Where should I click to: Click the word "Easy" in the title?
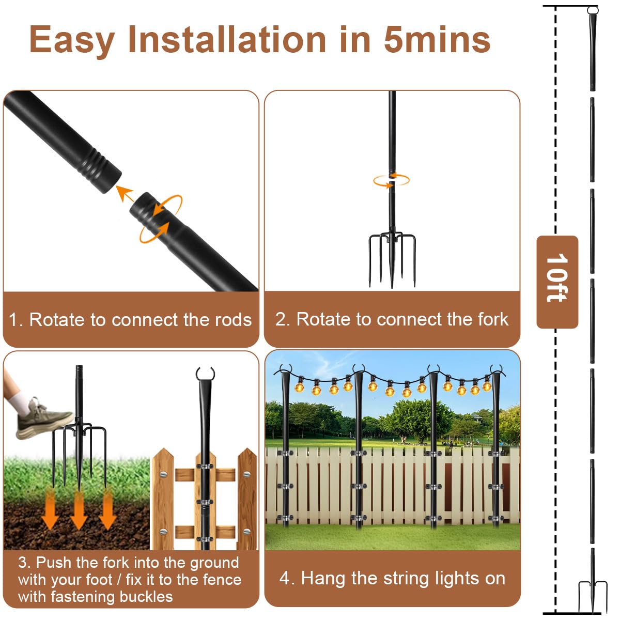coord(72,40)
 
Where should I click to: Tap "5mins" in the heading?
coord(437,40)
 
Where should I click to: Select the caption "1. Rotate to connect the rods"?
coord(130,319)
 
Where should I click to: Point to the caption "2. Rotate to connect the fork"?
coord(392,319)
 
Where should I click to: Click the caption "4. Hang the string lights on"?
coord(392,578)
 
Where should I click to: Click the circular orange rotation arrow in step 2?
coord(391,180)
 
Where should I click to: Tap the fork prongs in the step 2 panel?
coord(392,258)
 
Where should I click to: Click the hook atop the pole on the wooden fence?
coord(205,374)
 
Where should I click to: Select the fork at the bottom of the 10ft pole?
coord(592,594)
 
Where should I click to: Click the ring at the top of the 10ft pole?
coord(592,10)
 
